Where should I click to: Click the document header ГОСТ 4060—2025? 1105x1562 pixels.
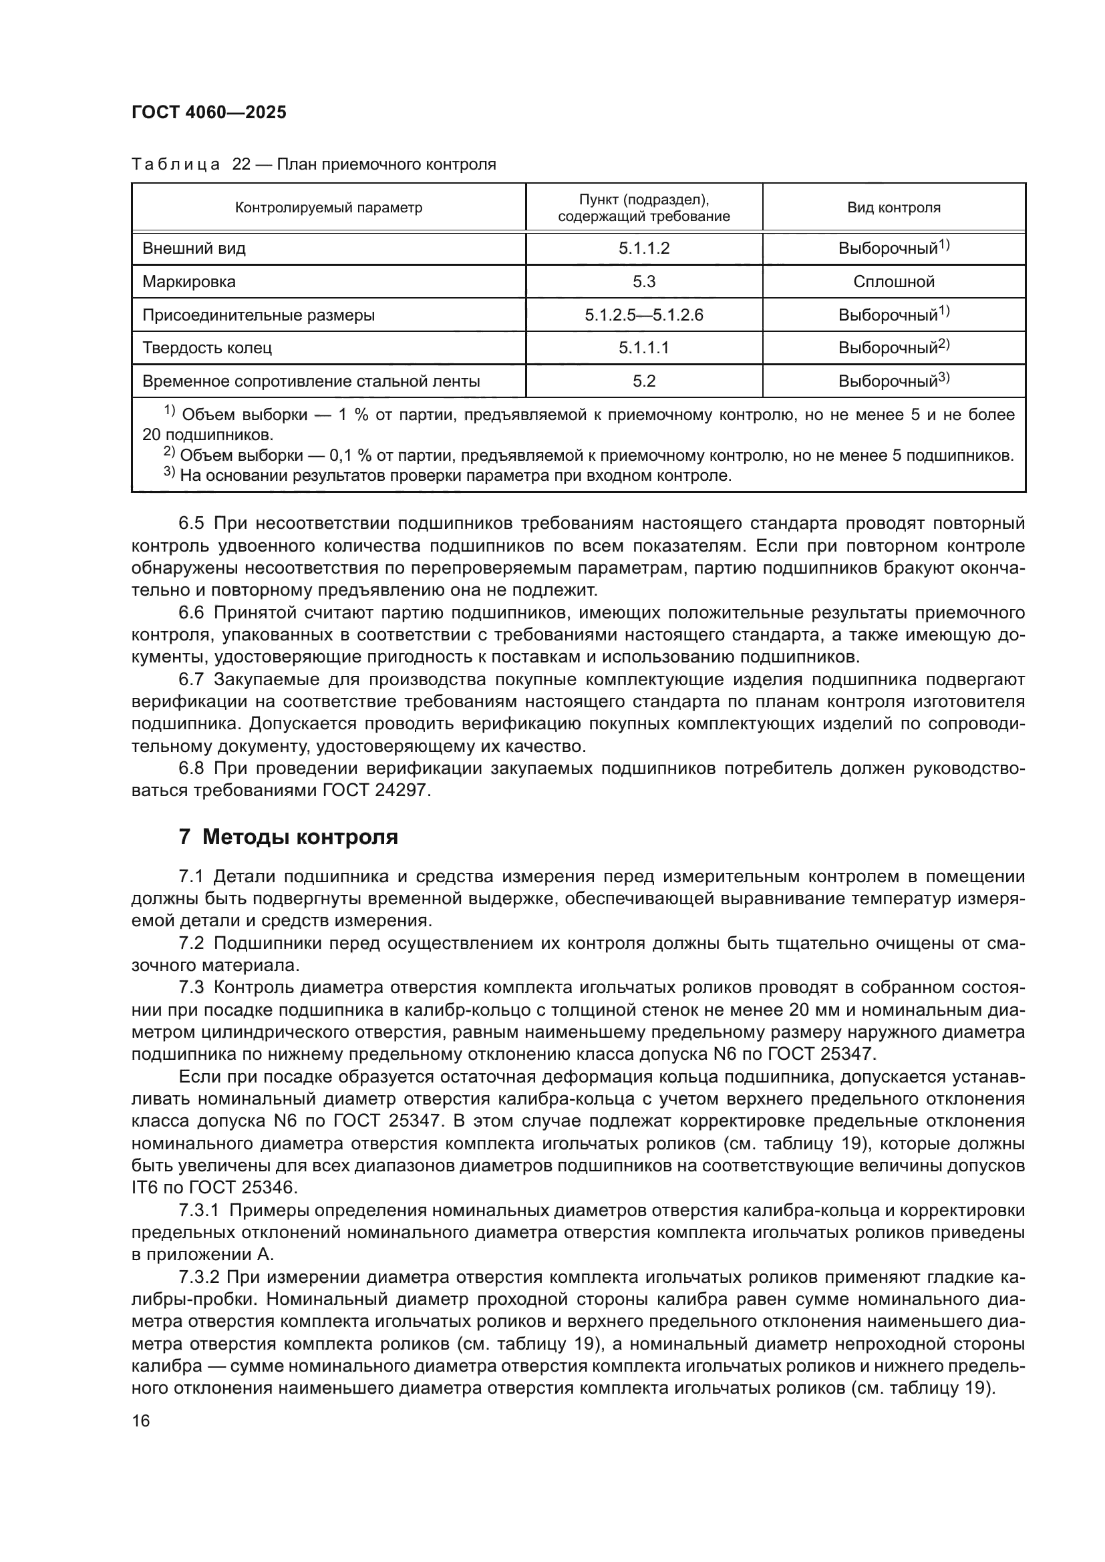(209, 113)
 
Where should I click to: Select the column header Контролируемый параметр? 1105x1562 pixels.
(329, 208)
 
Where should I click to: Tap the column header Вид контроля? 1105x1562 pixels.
(893, 208)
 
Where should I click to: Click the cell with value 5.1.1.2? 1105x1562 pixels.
(643, 248)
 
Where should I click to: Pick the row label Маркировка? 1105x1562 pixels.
(189, 282)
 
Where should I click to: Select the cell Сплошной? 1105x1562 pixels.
(893, 282)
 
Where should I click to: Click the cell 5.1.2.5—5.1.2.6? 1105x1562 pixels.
(643, 315)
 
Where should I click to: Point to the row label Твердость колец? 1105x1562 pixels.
(207, 349)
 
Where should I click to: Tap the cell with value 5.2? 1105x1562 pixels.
(643, 381)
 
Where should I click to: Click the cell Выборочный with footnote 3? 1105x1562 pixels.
(893, 381)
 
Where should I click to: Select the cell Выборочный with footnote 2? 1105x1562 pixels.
(893, 349)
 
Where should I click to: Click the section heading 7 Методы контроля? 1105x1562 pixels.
(289, 837)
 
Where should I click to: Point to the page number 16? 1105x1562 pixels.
(141, 1421)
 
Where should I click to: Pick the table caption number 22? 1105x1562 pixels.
(242, 165)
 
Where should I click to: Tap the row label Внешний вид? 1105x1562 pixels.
(194, 248)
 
